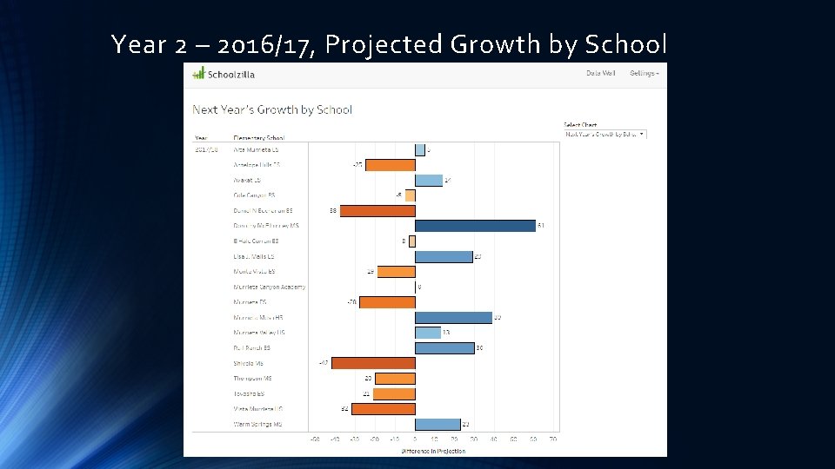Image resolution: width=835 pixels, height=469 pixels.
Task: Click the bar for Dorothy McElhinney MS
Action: [x=475, y=226]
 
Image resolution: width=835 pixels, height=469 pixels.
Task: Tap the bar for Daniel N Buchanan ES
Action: [x=377, y=210]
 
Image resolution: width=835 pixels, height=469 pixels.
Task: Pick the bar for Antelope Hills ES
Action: [x=390, y=165]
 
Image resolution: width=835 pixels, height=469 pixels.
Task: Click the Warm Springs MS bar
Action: [x=438, y=424]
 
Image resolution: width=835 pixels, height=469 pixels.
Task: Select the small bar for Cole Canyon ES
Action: [x=410, y=195]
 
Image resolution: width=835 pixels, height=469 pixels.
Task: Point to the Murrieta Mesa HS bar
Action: [x=453, y=317]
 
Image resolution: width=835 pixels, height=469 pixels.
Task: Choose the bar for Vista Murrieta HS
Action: [x=383, y=408]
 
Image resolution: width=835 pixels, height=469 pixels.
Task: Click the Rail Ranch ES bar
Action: [x=444, y=347]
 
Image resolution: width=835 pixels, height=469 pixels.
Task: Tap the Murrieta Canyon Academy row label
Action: [x=269, y=287]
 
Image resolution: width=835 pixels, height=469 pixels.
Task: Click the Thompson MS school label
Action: [x=254, y=379]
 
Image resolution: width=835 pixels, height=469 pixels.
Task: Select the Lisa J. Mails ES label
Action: [x=253, y=256]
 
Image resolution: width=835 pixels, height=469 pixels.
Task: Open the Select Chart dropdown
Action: [x=605, y=134]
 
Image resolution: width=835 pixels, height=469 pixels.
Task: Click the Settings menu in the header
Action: [x=645, y=73]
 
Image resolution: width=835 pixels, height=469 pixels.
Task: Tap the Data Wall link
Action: [x=600, y=73]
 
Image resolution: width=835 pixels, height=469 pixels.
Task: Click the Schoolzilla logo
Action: [x=224, y=74]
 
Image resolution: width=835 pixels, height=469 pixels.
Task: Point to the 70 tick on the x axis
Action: [x=553, y=439]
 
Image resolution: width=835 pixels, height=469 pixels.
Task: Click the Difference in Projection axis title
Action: [x=433, y=451]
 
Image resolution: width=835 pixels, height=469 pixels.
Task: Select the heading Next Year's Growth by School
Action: [x=272, y=109]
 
